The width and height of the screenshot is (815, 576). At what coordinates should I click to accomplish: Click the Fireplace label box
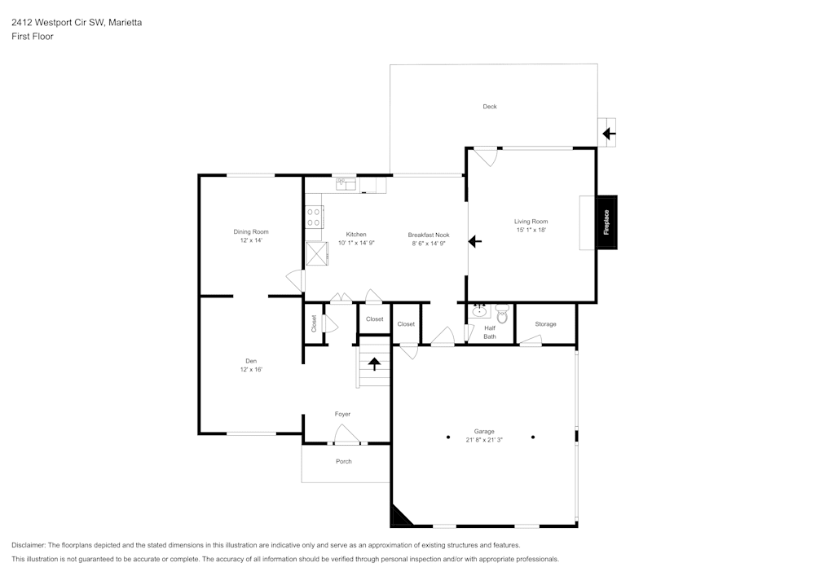click(606, 222)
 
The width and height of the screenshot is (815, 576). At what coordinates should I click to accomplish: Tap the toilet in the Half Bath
click(501, 311)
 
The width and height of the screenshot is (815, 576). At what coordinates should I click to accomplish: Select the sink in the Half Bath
click(480, 310)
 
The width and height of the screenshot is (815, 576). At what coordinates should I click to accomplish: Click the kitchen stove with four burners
click(314, 217)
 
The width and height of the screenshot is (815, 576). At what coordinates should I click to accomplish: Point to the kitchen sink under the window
click(346, 185)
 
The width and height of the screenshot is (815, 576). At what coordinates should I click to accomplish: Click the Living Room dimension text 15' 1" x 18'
click(531, 231)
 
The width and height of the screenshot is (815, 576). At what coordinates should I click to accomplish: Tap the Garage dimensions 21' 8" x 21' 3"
click(484, 440)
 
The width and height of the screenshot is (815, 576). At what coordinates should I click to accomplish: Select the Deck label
click(489, 107)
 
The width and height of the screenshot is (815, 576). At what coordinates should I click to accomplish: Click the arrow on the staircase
click(374, 363)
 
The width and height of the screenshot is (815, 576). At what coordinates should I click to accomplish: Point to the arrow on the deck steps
click(608, 133)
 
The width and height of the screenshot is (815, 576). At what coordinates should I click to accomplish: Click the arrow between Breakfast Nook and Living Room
click(475, 241)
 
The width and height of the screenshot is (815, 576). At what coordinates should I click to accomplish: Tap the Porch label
click(344, 462)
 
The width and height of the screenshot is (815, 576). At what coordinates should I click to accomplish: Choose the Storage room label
click(545, 324)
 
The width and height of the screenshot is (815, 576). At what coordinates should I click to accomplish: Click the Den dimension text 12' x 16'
click(251, 370)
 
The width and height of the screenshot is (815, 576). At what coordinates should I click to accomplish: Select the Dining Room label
click(251, 232)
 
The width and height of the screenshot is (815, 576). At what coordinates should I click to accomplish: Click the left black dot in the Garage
click(447, 437)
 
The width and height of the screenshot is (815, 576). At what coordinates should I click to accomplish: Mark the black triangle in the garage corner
click(400, 516)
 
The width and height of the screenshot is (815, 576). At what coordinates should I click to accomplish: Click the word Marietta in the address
click(126, 23)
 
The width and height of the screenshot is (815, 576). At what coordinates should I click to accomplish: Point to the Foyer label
click(342, 414)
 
